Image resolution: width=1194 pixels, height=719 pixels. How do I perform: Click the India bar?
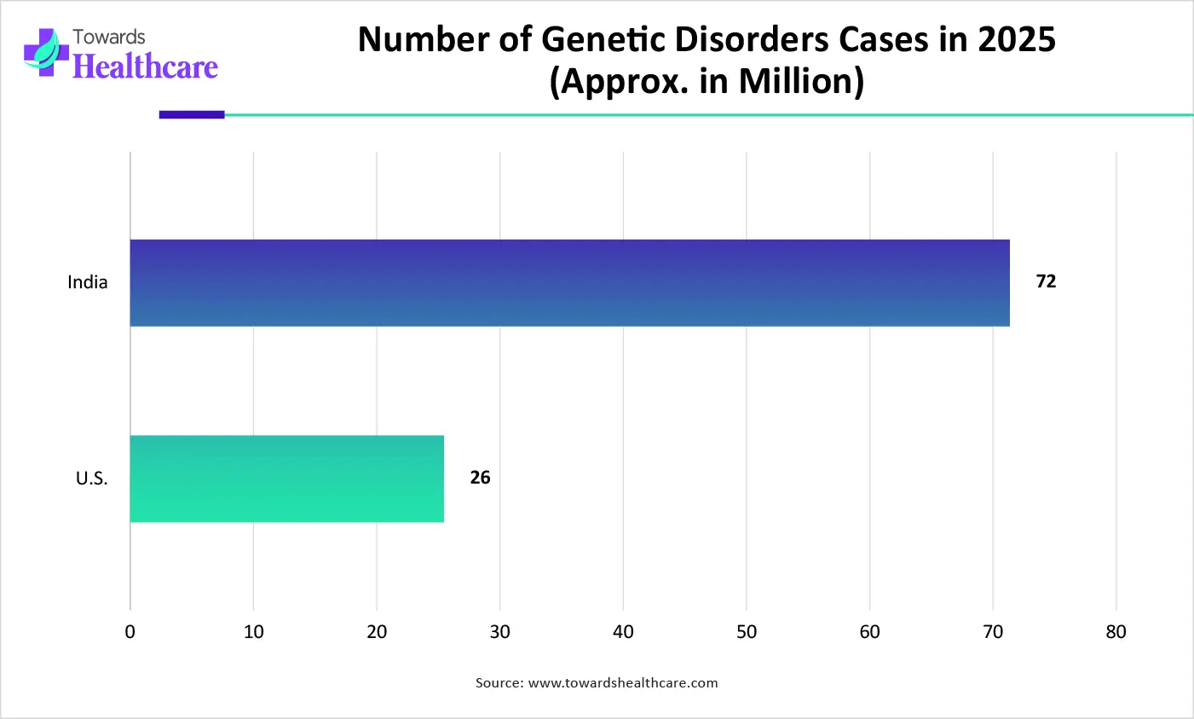coord(569,283)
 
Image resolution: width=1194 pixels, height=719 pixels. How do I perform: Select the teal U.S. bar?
coord(286,478)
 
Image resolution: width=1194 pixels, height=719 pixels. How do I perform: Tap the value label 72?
coord(1046,281)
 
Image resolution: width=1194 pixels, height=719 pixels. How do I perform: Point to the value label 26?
coord(480,478)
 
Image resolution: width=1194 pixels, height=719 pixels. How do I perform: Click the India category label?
coord(88,282)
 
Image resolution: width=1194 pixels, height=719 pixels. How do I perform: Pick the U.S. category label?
coord(91,478)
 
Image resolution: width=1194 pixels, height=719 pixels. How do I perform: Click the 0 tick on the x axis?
coord(130,632)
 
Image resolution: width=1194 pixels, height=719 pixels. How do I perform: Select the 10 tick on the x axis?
coord(253,632)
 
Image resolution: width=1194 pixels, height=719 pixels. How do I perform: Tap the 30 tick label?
coord(500,632)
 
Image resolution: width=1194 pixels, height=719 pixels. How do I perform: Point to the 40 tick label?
coord(623,632)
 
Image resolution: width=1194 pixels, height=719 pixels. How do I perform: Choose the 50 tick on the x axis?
coord(747,632)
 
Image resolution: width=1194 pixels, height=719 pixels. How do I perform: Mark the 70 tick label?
coord(993,632)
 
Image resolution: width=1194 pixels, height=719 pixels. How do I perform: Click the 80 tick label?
coord(1116,632)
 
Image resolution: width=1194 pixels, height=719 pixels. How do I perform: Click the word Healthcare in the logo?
coord(145,67)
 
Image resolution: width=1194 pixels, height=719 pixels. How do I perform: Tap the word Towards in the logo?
coord(108,37)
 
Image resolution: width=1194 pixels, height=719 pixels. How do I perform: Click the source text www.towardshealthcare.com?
coord(622,683)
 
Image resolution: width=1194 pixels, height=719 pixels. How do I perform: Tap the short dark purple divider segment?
coord(192,114)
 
